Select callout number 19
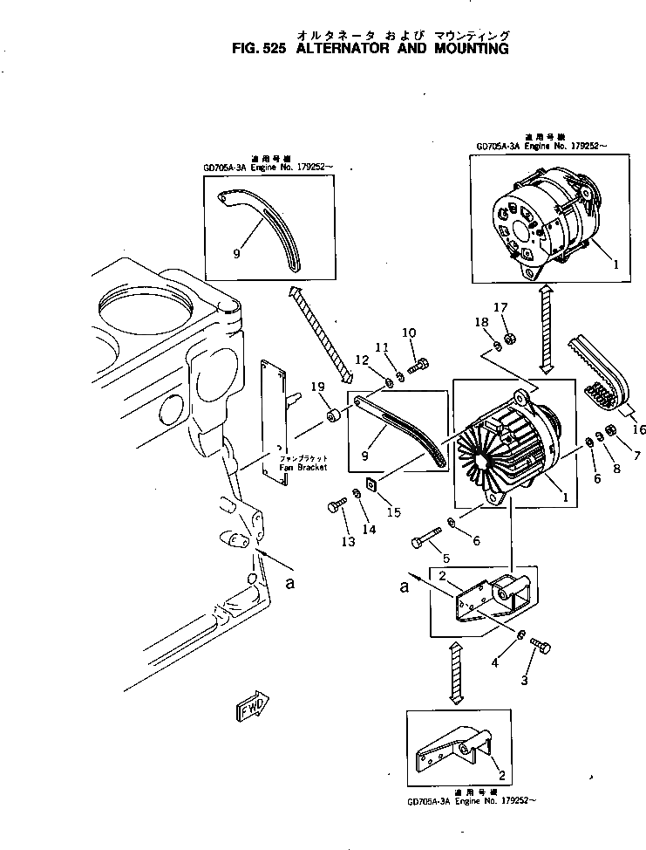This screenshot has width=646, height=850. (318, 387)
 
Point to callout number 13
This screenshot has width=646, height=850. (349, 542)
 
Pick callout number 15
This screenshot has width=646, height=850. (394, 512)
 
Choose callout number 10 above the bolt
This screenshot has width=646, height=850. (409, 332)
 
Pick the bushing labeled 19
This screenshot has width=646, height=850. (333, 415)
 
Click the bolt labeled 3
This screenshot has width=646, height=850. (538, 646)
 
